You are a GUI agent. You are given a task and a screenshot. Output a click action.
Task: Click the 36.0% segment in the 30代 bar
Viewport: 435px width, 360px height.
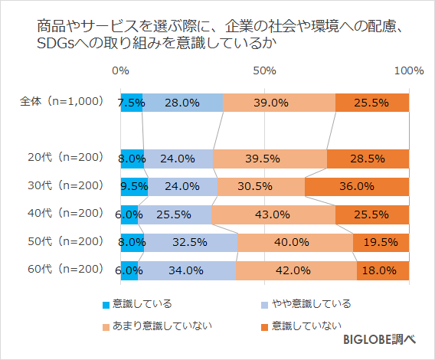click(x=357, y=186)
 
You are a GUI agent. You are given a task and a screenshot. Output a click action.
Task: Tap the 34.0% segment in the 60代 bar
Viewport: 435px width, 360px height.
click(x=187, y=270)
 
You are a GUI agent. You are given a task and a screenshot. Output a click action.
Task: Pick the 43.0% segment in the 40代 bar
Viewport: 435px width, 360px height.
click(x=273, y=214)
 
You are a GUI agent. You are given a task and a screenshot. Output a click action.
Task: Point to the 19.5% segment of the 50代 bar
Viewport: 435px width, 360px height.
click(x=381, y=243)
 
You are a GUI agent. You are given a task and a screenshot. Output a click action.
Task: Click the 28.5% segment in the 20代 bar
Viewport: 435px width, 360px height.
click(x=368, y=159)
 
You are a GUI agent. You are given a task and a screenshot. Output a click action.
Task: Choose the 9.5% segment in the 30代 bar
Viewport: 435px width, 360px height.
click(x=134, y=186)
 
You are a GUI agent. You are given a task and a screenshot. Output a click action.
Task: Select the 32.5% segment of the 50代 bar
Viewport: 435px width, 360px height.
click(x=191, y=243)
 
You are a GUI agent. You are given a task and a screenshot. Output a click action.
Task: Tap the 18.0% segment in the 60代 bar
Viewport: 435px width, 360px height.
click(x=383, y=270)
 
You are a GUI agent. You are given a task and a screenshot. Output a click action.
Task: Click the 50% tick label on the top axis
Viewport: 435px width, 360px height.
click(x=264, y=70)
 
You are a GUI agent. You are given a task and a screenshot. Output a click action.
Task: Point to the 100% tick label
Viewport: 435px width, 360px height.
click(x=408, y=70)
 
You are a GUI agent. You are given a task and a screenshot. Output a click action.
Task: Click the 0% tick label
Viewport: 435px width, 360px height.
click(x=120, y=70)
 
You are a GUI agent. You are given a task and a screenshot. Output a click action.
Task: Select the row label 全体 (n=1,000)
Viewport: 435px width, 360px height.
click(x=61, y=101)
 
